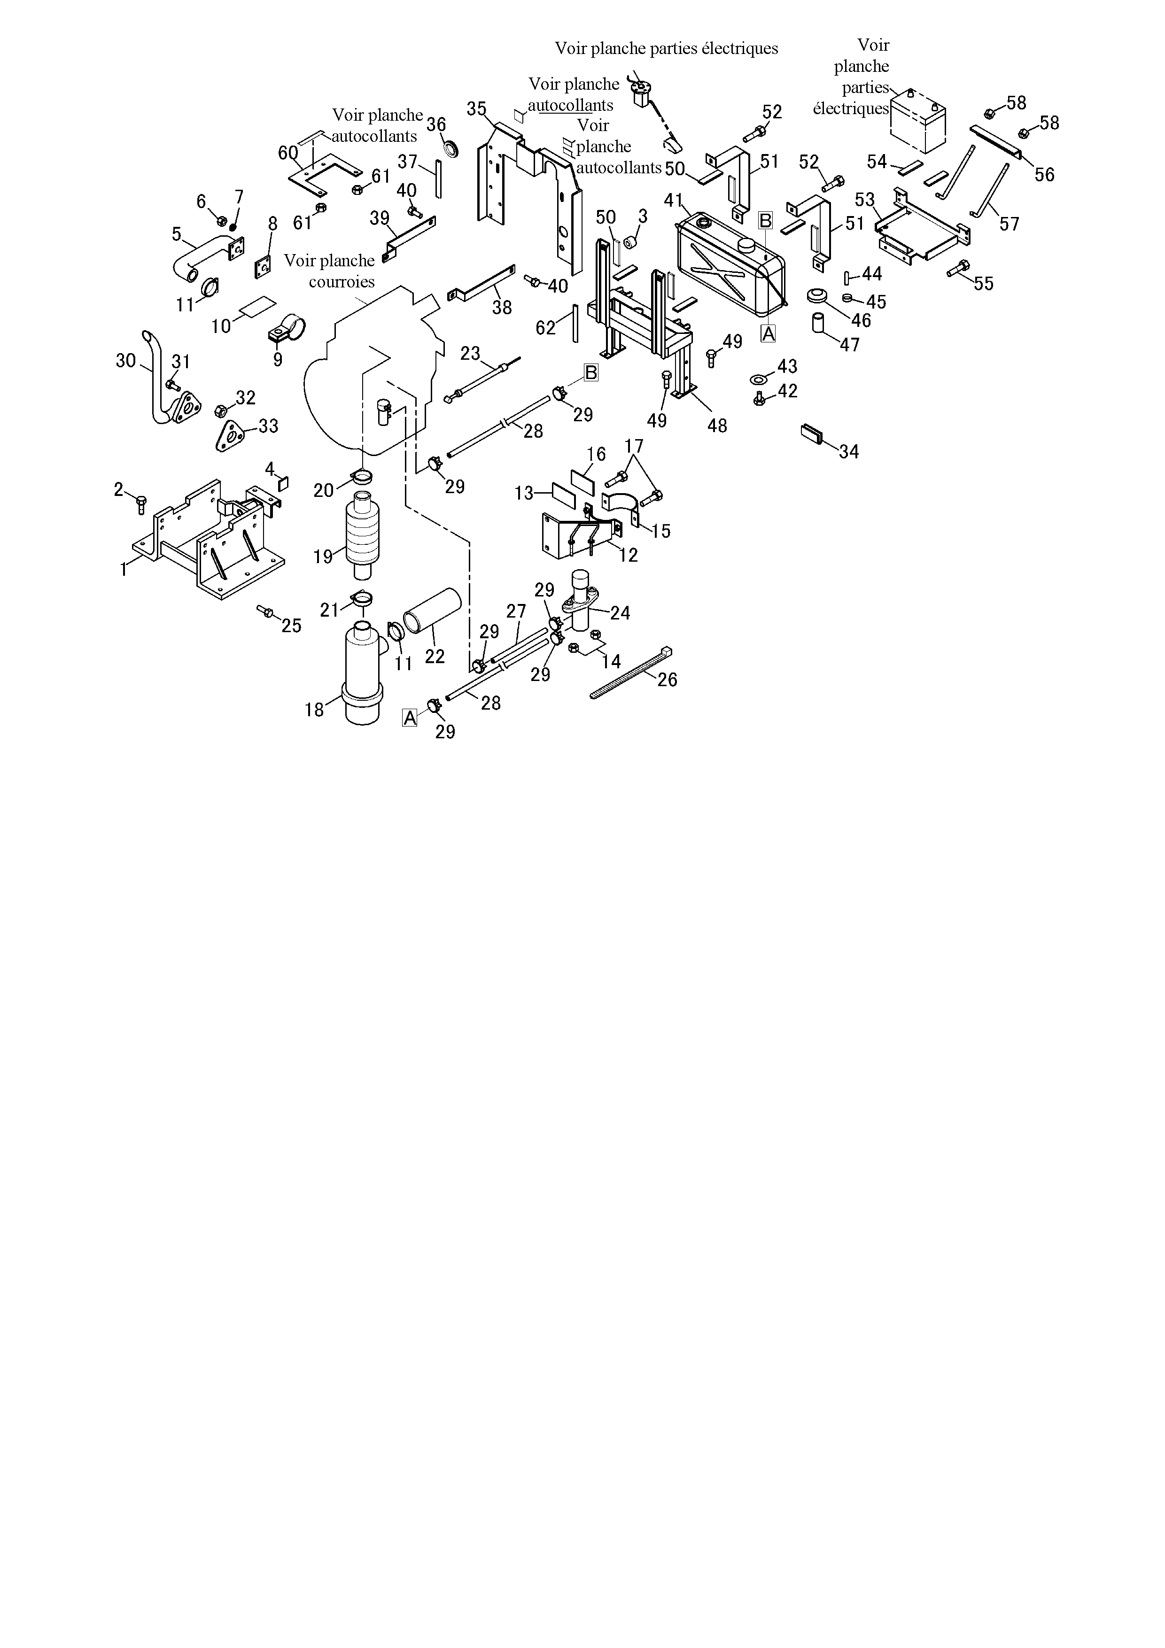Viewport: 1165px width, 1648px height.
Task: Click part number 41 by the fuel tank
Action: pos(673,200)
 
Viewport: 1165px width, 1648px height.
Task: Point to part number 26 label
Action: pos(667,679)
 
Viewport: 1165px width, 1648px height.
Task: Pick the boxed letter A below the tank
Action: pos(768,334)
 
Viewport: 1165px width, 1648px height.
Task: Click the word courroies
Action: pos(342,281)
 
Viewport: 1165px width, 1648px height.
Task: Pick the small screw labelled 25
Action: pos(264,611)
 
